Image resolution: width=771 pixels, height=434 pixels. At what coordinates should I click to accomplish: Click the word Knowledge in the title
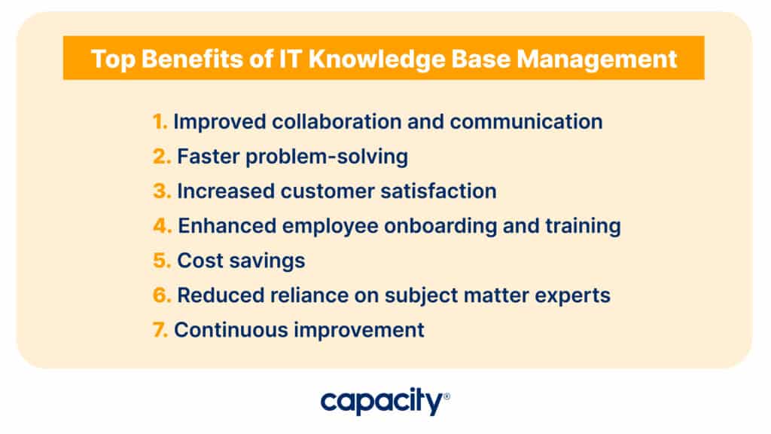pyautogui.click(x=376, y=59)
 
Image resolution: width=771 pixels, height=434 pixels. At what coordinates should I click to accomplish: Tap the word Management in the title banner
pyautogui.click(x=596, y=59)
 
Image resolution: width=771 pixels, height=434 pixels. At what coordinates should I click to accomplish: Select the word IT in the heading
pyautogui.click(x=290, y=59)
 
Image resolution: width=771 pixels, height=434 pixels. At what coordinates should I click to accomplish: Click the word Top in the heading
pyautogui.click(x=113, y=59)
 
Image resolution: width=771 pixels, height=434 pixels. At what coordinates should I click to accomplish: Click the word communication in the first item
pyautogui.click(x=526, y=121)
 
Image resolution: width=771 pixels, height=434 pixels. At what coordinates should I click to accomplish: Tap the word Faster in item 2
pyautogui.click(x=208, y=157)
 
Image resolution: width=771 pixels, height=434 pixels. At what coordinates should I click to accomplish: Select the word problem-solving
pyautogui.click(x=327, y=157)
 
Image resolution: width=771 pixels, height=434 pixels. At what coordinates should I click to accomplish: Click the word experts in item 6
pyautogui.click(x=572, y=295)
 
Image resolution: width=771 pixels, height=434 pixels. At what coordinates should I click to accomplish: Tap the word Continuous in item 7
pyautogui.click(x=231, y=330)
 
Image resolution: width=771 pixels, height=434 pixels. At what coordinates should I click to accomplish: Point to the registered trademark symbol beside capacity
pyautogui.click(x=446, y=396)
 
